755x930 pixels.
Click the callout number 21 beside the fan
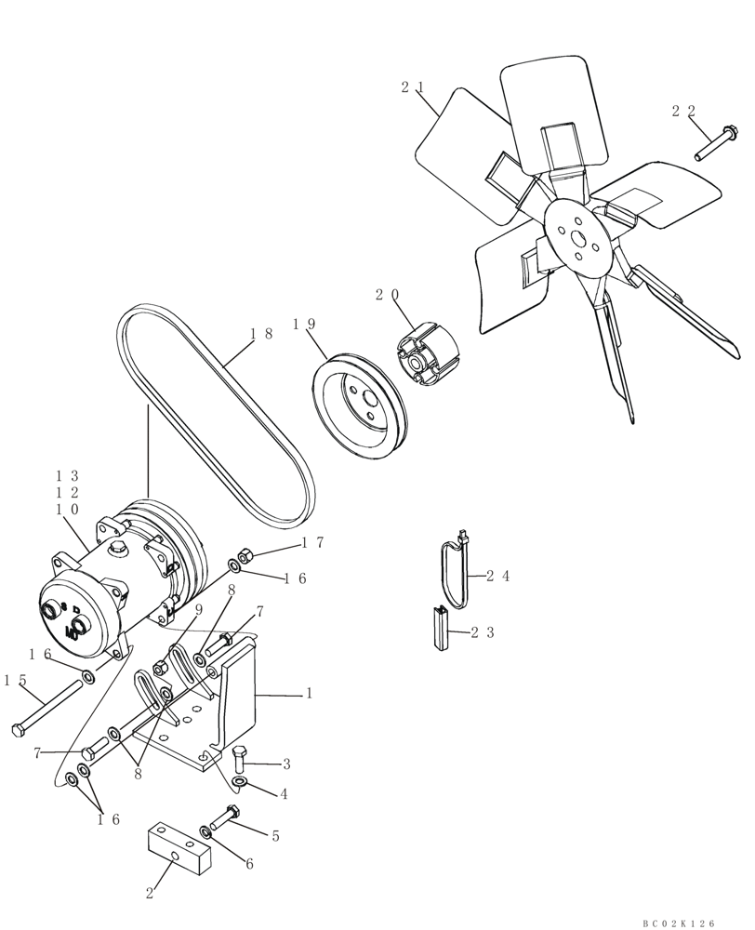click(x=413, y=87)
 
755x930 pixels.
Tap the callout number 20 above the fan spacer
click(x=388, y=295)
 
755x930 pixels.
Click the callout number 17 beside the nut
click(x=311, y=543)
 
